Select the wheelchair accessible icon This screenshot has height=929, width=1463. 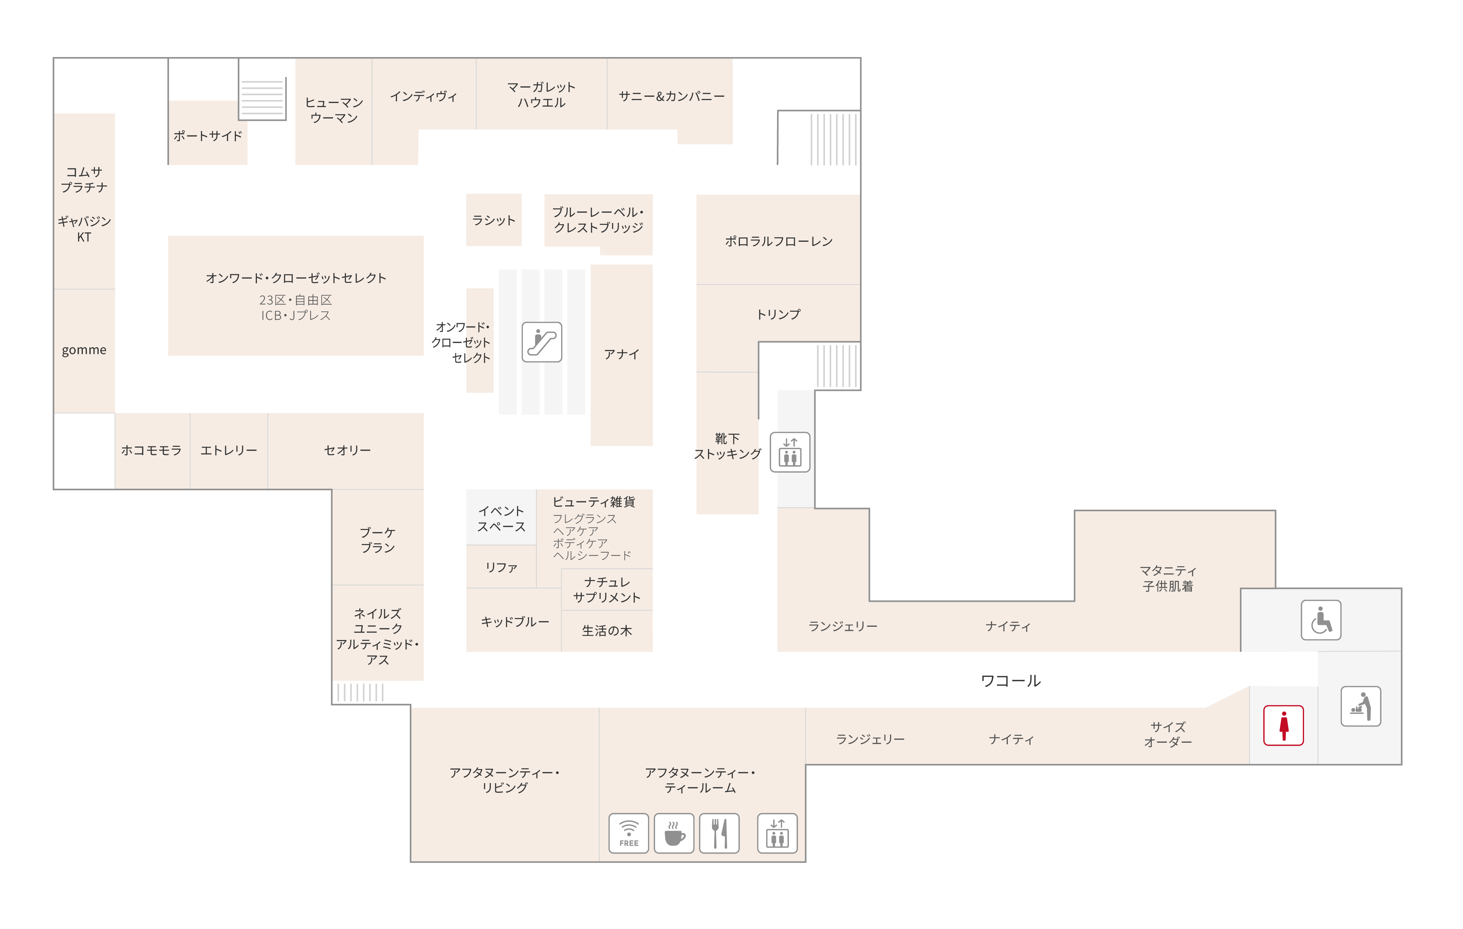(1321, 620)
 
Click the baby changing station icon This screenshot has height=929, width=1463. (1361, 706)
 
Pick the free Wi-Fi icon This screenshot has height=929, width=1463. (629, 833)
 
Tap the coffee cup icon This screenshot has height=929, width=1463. (674, 833)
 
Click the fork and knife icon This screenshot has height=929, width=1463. (719, 833)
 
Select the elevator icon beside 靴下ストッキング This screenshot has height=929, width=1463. (790, 452)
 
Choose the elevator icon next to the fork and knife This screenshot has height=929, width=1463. (777, 833)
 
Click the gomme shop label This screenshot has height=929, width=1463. (84, 350)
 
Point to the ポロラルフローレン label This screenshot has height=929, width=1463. (778, 241)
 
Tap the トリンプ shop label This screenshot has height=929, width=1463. (778, 314)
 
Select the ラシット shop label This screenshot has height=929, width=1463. (493, 220)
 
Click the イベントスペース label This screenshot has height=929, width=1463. (501, 519)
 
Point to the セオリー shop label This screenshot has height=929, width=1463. (347, 450)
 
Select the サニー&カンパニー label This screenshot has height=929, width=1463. (672, 96)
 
